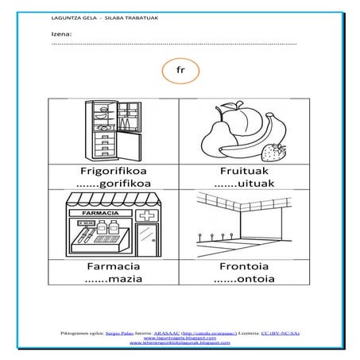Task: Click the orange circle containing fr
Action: (180, 72)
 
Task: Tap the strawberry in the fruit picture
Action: (277, 151)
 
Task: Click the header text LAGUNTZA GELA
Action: (72, 17)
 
